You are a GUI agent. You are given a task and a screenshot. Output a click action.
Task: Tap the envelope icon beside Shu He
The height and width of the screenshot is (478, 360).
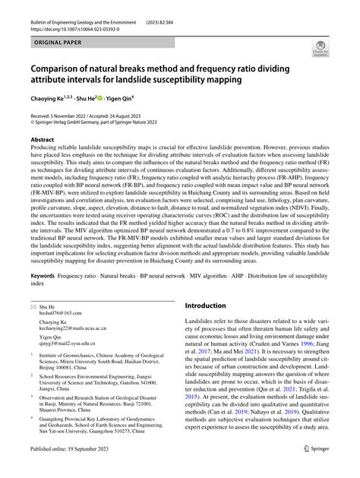pyautogui.click(x=33, y=305)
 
